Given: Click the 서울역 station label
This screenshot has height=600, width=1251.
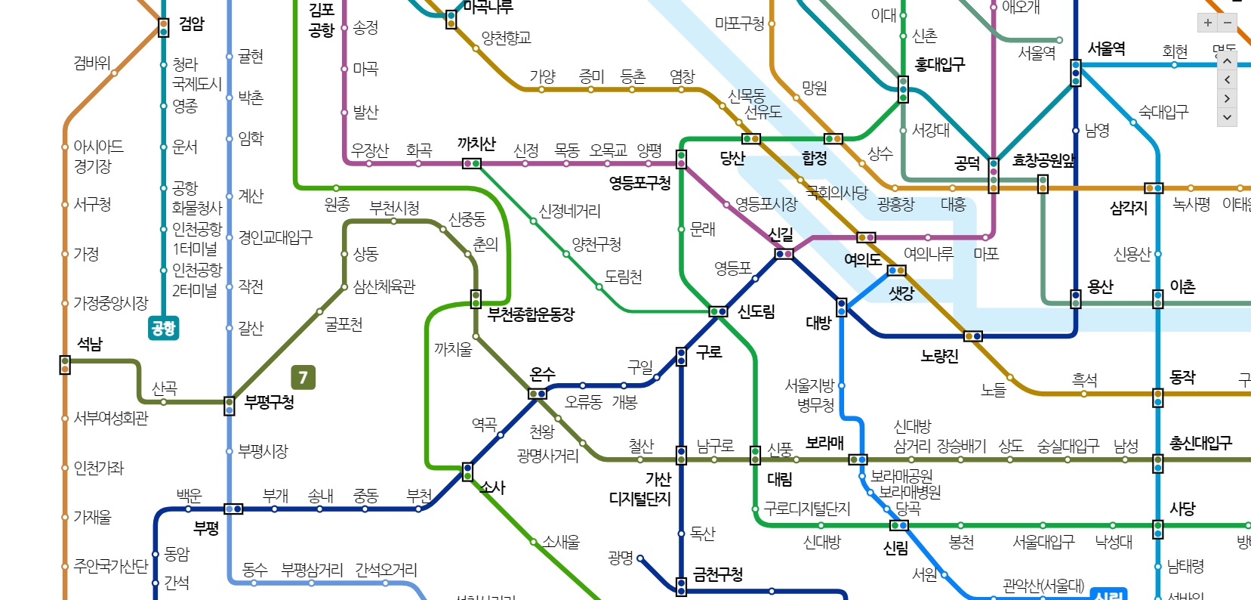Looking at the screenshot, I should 1106,49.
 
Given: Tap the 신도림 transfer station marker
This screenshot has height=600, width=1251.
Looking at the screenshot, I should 718,311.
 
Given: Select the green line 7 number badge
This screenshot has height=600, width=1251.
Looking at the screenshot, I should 303,377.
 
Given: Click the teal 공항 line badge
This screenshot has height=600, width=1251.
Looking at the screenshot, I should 163,328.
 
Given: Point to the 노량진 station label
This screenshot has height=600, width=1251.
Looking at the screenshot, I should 939,356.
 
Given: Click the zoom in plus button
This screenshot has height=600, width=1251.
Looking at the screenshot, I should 1208,23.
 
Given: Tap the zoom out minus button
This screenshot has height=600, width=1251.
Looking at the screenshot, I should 1228,23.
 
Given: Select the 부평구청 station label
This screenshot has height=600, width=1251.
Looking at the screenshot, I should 270,402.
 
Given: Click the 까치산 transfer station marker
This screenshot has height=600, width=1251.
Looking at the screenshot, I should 471,163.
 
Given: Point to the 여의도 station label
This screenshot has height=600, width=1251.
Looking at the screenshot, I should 862,260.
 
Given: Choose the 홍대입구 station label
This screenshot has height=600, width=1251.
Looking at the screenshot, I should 940,65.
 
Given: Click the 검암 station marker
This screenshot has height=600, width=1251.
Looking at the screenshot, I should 163,28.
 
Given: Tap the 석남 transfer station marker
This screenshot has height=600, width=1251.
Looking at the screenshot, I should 65,365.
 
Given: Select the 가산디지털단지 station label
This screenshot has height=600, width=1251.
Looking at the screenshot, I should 640,489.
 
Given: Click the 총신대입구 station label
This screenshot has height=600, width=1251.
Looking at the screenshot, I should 1200,444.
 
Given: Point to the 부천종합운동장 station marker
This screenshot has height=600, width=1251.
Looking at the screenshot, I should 476,299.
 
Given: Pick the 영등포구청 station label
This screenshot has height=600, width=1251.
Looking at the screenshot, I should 639,182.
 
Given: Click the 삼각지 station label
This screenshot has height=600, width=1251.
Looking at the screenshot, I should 1128,208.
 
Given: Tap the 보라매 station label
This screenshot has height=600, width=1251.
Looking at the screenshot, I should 824,443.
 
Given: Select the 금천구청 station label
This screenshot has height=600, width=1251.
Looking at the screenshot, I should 718,575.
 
